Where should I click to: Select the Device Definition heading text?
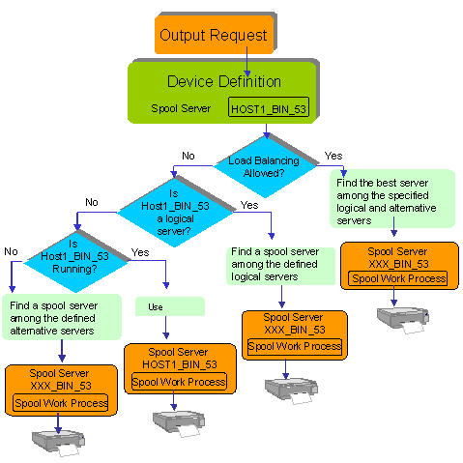tap(223, 80)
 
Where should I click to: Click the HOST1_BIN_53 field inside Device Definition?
tap(269, 108)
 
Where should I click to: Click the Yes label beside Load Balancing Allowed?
tap(333, 156)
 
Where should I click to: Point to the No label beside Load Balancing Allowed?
tap(188, 156)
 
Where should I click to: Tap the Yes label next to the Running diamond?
tap(139, 251)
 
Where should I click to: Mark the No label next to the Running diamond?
tap(11, 251)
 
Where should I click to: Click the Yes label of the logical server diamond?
tap(249, 205)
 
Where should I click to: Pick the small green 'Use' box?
tap(170, 306)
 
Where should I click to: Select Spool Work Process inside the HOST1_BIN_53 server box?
tap(179, 382)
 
